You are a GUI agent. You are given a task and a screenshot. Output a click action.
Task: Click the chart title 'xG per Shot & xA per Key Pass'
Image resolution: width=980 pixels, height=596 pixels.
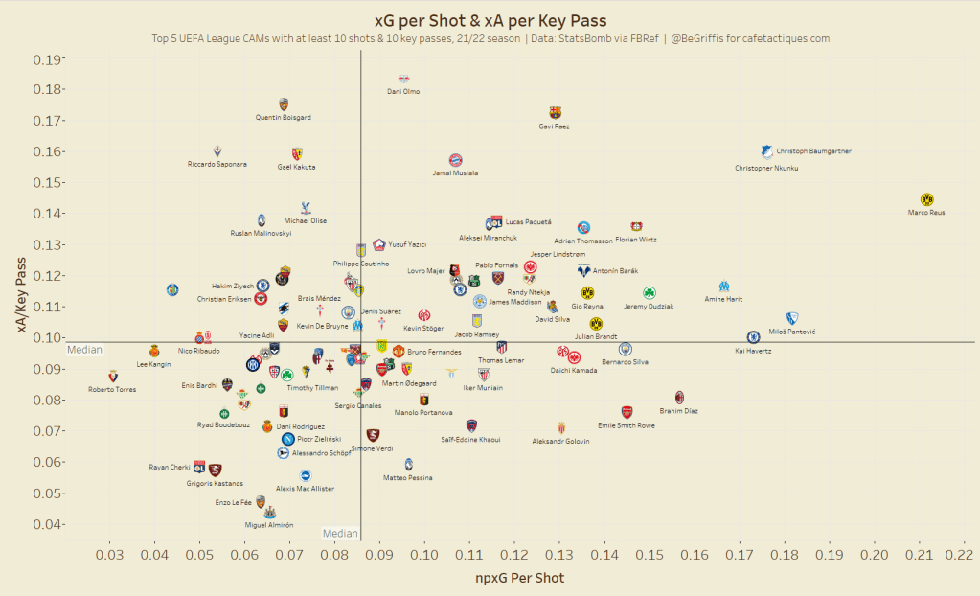tap(490, 20)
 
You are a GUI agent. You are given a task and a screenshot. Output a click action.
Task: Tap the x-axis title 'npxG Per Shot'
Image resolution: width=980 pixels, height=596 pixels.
tap(520, 578)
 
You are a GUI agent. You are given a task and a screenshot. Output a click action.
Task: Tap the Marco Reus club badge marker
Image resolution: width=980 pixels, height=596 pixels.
tap(926, 199)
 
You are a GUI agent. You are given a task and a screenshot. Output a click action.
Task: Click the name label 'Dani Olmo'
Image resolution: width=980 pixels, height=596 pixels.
tap(403, 92)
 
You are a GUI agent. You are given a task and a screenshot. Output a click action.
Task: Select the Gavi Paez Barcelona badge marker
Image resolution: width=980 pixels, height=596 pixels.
tap(555, 113)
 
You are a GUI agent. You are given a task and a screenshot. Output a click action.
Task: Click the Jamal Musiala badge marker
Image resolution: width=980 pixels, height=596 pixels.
tap(456, 160)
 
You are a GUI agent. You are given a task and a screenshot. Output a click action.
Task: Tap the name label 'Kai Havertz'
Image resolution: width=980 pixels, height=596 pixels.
tap(753, 351)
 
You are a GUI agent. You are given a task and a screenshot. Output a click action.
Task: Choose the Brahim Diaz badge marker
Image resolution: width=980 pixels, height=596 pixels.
tap(679, 397)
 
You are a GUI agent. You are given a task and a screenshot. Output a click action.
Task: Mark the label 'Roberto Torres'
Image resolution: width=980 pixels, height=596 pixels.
tap(112, 389)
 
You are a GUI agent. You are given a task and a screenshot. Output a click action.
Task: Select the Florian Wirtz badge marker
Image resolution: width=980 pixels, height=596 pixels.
tap(636, 227)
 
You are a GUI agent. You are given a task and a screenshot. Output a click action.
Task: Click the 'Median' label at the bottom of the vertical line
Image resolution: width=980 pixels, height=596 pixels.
tap(340, 534)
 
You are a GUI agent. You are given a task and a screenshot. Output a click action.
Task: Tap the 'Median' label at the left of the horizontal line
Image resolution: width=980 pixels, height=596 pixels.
tap(84, 350)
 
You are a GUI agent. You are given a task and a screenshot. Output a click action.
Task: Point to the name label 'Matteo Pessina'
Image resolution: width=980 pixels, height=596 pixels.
tap(408, 477)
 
